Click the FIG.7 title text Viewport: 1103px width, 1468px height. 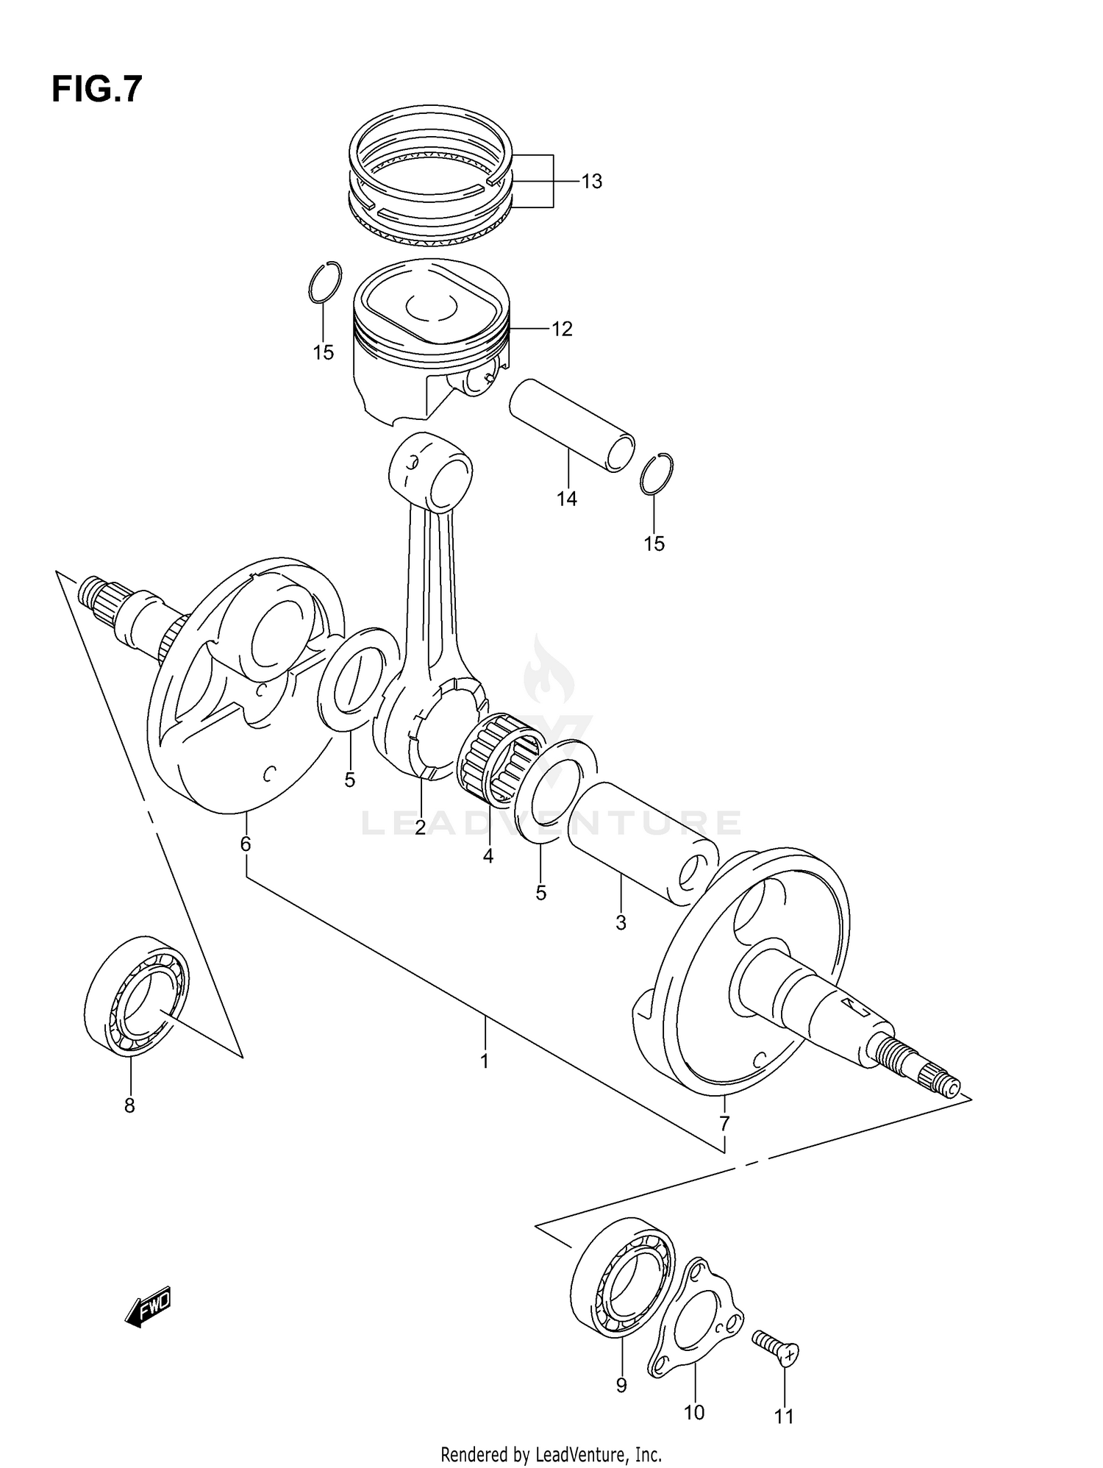[x=96, y=90]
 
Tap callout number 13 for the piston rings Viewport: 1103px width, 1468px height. [x=591, y=182]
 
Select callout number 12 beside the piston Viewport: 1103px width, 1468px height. [x=562, y=329]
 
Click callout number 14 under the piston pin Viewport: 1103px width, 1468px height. [x=566, y=499]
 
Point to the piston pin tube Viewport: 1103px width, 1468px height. [x=570, y=424]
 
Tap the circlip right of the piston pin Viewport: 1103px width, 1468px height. [x=656, y=474]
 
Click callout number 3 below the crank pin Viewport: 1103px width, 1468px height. [x=621, y=923]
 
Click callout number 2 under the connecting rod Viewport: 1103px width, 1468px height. [x=420, y=827]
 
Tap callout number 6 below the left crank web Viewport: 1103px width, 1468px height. [x=246, y=844]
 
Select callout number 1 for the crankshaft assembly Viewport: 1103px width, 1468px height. [x=484, y=1062]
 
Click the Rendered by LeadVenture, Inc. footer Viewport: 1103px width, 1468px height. [x=551, y=1454]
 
